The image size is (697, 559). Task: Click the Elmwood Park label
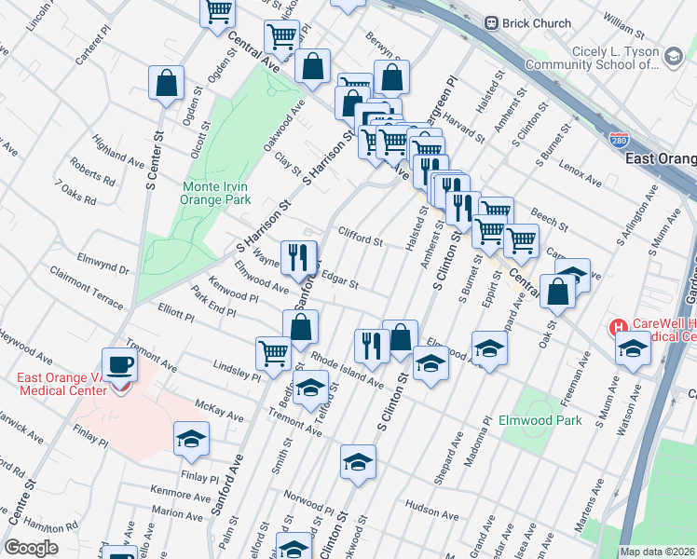point(540,420)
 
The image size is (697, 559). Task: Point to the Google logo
point(31,548)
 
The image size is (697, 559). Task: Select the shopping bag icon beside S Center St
point(166,83)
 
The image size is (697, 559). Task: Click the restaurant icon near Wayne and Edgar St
point(298,256)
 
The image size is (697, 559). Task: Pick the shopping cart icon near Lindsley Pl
point(272,352)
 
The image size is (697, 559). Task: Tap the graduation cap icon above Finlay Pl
point(191,437)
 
